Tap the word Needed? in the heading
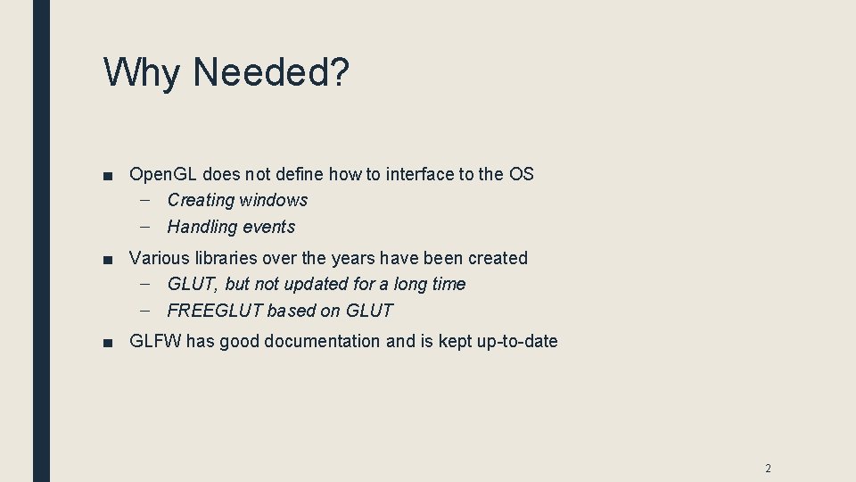267,72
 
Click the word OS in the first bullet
521,174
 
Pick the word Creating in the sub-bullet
201,200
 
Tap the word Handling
202,227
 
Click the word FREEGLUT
215,311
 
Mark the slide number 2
767,469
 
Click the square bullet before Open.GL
108,175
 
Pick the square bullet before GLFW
108,342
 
